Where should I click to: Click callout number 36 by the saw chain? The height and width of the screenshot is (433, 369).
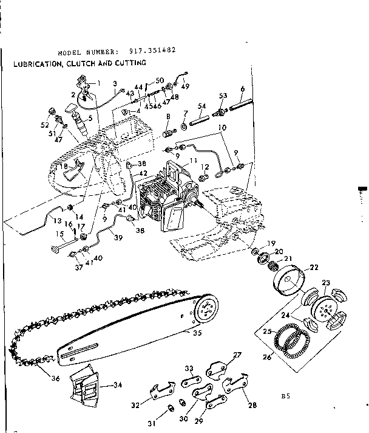[38, 377]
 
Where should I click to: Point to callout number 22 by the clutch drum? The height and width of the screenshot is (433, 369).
[313, 267]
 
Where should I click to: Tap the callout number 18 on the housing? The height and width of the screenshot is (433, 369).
[64, 165]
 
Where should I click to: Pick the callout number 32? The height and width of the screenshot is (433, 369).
[136, 403]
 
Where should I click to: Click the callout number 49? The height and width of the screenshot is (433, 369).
[185, 86]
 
